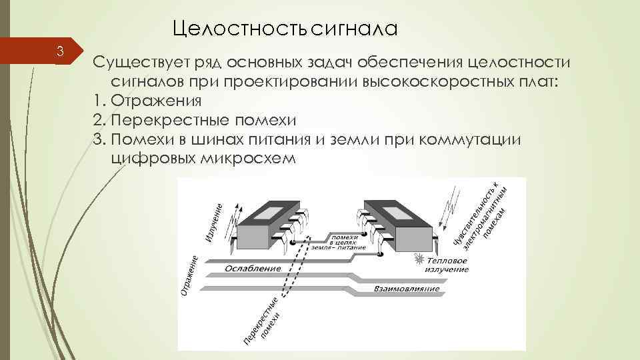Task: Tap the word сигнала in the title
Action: pyautogui.click(x=353, y=28)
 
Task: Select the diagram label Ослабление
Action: pyautogui.click(x=253, y=268)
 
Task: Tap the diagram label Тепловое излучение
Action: pyautogui.click(x=447, y=265)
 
